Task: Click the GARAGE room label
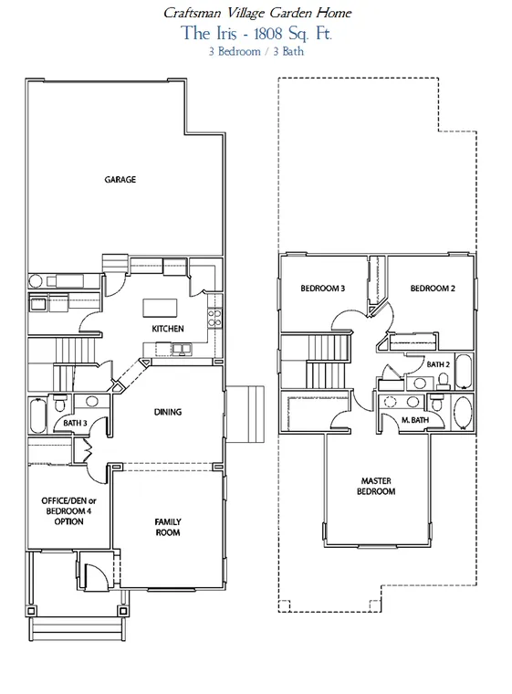point(120,179)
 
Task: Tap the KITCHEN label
point(168,329)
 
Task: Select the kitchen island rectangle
point(160,308)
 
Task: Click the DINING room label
point(168,412)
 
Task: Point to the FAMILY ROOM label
point(168,527)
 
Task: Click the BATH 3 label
point(75,423)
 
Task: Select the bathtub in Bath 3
point(37,416)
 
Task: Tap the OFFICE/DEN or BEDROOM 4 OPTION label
point(68,511)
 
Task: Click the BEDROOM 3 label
point(322,289)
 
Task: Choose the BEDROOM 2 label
point(433,289)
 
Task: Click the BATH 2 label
point(438,364)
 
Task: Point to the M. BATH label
point(415,419)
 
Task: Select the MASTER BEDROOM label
point(376,486)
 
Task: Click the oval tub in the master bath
point(463,413)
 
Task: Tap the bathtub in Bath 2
point(465,371)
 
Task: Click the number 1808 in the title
point(267,34)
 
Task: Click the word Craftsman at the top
point(192,13)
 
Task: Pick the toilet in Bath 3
point(59,404)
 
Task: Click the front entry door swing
point(94,574)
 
